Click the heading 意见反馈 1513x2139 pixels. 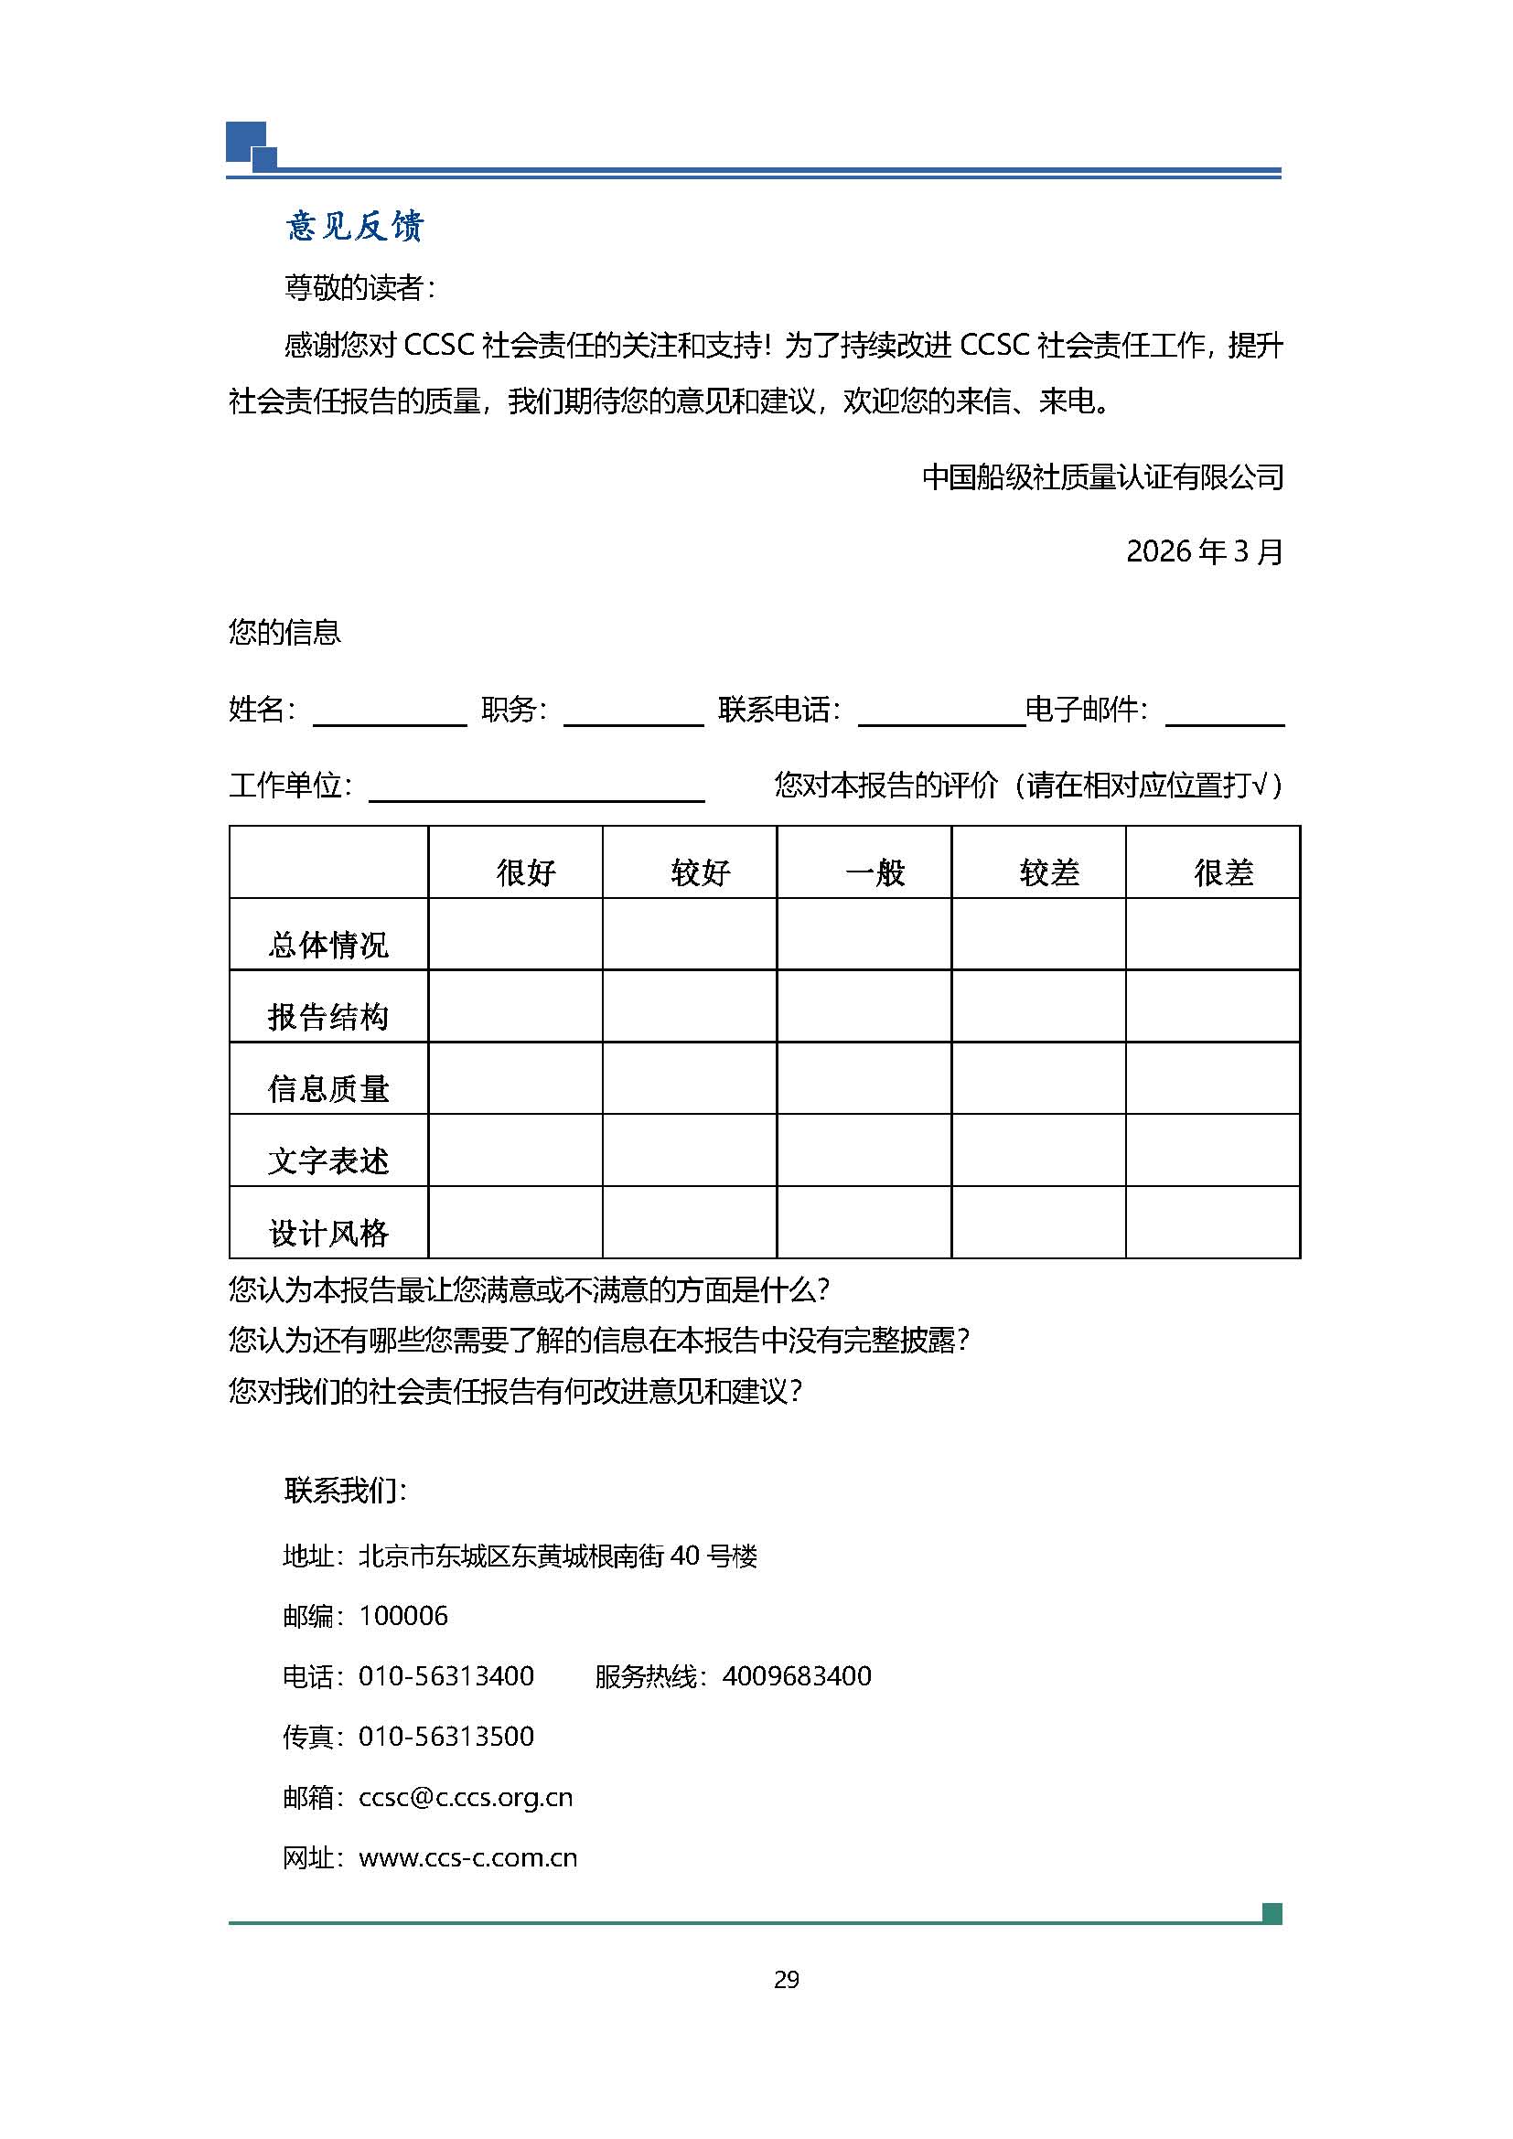coord(354,227)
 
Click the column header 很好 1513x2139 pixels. coord(525,872)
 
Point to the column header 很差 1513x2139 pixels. coord(1223,872)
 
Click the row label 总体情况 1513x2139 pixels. coord(328,945)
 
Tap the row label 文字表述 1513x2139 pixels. coord(328,1160)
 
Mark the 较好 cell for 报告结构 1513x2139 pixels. coord(690,1006)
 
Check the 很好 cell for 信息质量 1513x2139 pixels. coord(515,1078)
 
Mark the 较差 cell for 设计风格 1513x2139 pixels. coord(1038,1223)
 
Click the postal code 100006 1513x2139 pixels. coord(402,1616)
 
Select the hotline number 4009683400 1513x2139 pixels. coord(797,1677)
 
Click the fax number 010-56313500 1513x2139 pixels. coord(446,1737)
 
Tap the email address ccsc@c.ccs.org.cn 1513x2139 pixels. coord(465,1797)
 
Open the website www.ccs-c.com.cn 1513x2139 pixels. coord(467,1857)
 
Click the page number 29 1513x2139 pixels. coord(787,1980)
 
